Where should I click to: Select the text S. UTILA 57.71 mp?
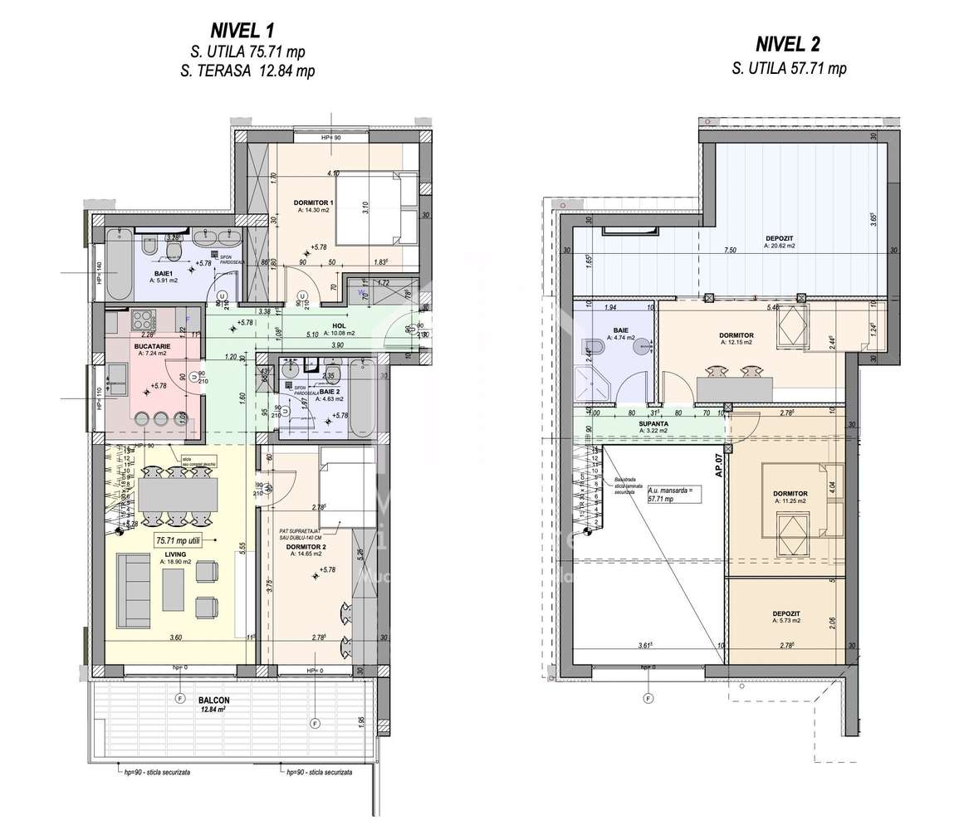(789, 69)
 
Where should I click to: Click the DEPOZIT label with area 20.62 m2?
(780, 238)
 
